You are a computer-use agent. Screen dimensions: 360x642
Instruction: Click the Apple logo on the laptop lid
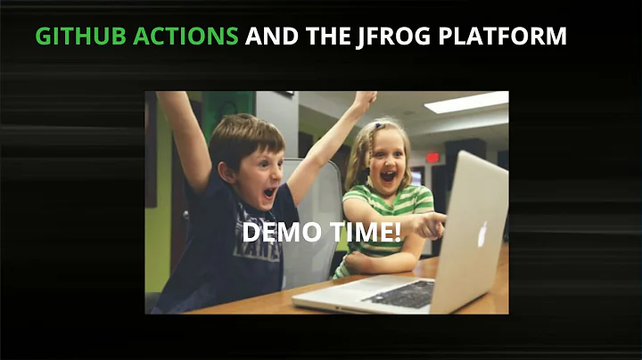481,234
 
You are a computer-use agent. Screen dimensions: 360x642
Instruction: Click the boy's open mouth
268,192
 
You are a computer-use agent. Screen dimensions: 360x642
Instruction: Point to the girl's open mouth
388,176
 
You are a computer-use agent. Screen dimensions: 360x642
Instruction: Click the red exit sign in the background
432,158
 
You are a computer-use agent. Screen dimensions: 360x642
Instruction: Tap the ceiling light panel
466,102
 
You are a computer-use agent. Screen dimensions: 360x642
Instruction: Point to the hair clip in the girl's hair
377,126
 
